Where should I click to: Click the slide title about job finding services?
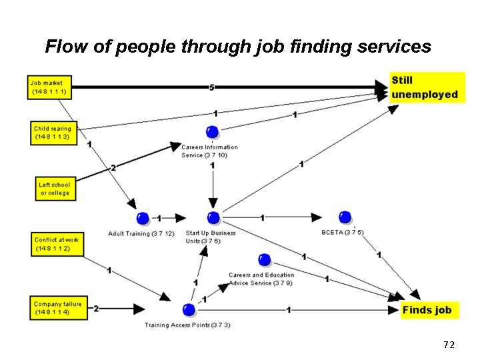[x=238, y=47]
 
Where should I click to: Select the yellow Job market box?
[x=49, y=87]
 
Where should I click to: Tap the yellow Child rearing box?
[x=53, y=132]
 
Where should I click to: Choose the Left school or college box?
[x=54, y=189]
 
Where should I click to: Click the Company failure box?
[x=58, y=308]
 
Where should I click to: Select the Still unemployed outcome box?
[x=426, y=87]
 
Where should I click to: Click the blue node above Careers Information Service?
[x=212, y=131]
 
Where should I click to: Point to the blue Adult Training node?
[x=143, y=218]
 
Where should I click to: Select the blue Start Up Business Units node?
[x=213, y=217]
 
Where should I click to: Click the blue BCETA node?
[x=345, y=217]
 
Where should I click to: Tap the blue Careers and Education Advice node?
[x=264, y=259]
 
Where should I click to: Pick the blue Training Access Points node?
[x=189, y=309]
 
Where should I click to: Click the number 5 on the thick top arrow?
[x=211, y=87]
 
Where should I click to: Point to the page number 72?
[x=449, y=345]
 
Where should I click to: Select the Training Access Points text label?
[x=187, y=325]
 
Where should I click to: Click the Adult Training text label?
[x=141, y=234]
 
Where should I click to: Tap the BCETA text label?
[x=342, y=233]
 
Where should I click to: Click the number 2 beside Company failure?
[x=97, y=309]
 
